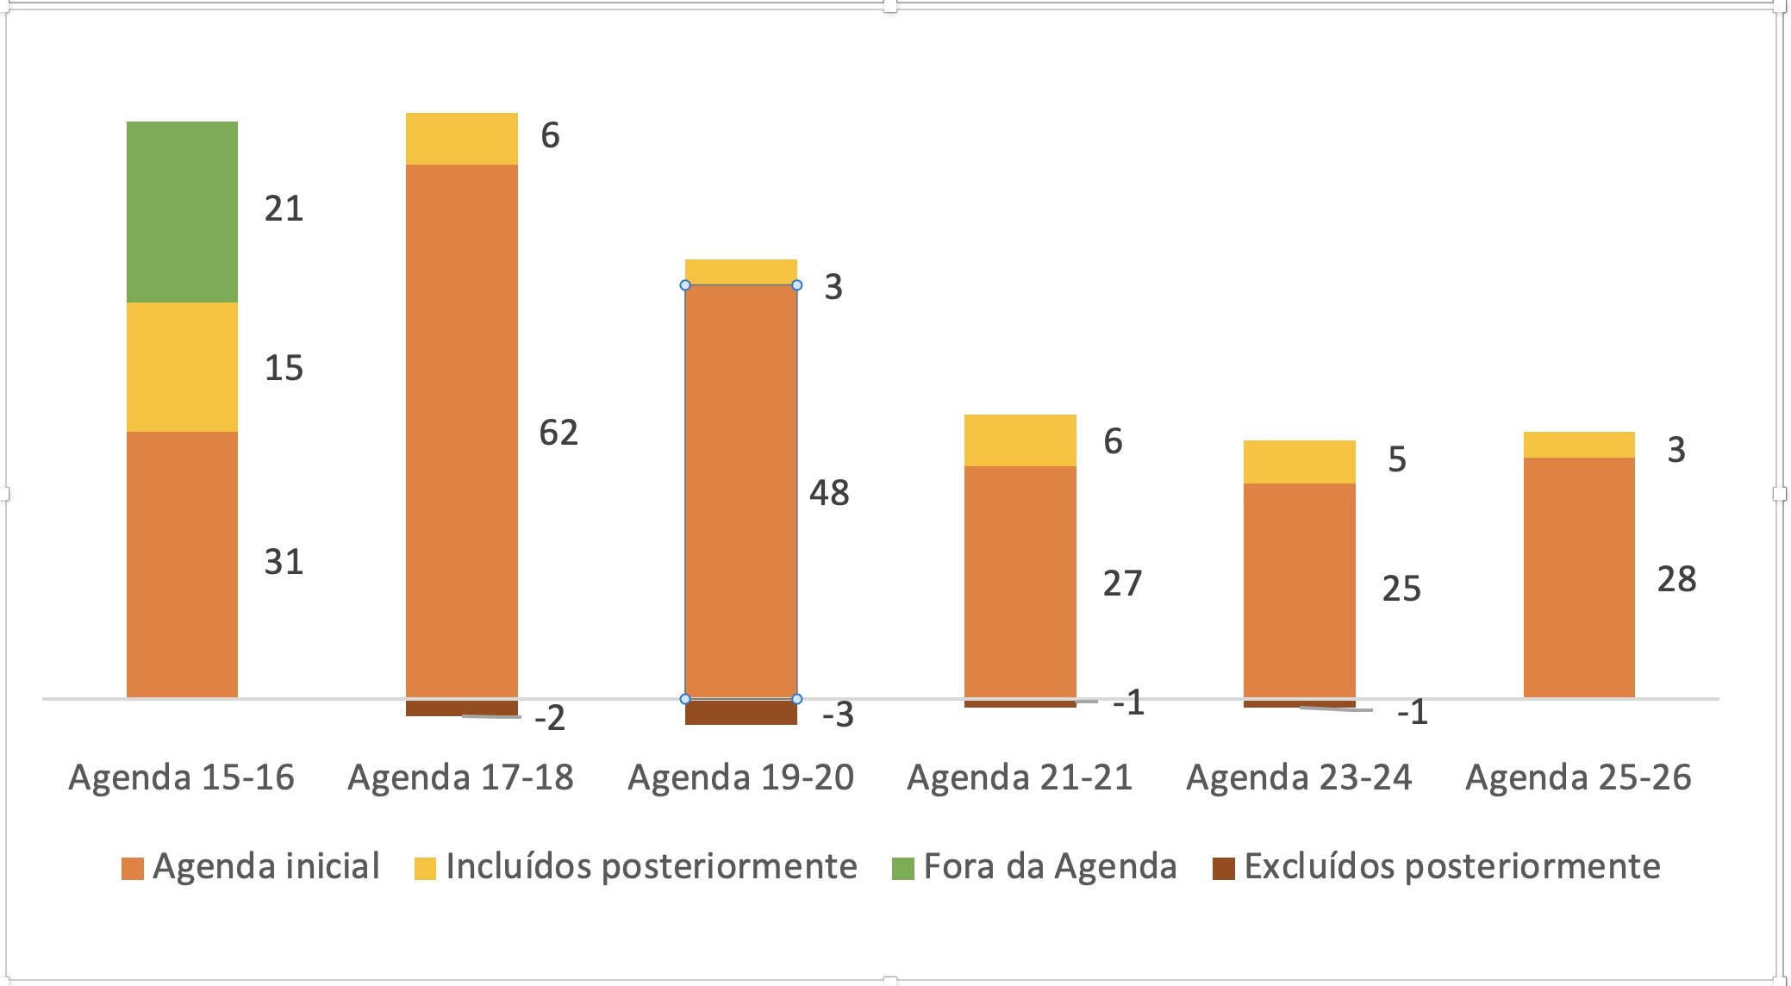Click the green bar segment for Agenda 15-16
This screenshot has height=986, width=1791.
[182, 211]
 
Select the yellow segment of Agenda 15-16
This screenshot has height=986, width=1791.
[182, 366]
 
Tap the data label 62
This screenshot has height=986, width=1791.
[558, 432]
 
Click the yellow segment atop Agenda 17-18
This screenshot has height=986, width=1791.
[461, 138]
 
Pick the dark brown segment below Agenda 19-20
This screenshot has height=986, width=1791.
[740, 712]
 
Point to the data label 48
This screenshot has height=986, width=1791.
[828, 493]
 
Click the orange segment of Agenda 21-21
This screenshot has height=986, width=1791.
[1020, 582]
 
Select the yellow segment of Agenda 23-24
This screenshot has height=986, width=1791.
[1299, 462]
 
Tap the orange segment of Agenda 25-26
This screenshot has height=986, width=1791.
[1578, 577]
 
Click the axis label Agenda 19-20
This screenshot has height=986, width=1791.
[740, 777]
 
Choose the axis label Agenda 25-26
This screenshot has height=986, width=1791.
[1578, 777]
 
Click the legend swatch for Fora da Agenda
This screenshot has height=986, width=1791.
[902, 868]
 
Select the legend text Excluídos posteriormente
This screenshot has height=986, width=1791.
[1451, 866]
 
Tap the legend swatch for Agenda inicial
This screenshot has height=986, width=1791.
[132, 868]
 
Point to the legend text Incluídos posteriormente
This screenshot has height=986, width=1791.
[651, 866]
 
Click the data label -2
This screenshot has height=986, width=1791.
[549, 718]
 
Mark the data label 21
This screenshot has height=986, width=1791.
[284, 209]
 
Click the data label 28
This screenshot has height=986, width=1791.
[1676, 579]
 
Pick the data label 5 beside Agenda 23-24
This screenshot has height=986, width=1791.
[1396, 459]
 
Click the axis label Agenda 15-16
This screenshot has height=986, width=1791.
[181, 777]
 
